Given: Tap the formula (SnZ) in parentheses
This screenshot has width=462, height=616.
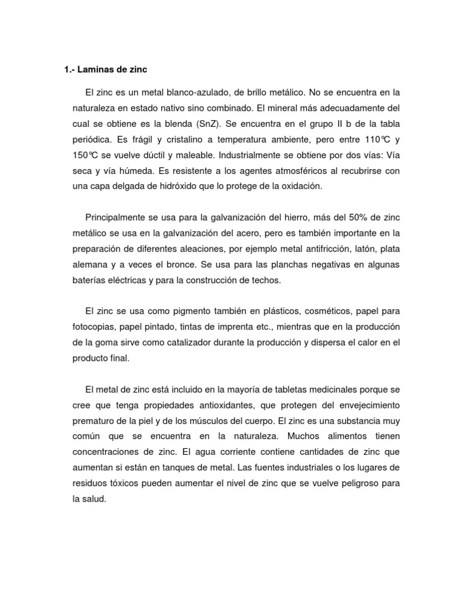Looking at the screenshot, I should click(x=204, y=124).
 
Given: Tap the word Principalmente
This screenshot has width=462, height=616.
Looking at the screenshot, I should click(x=115, y=217).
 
